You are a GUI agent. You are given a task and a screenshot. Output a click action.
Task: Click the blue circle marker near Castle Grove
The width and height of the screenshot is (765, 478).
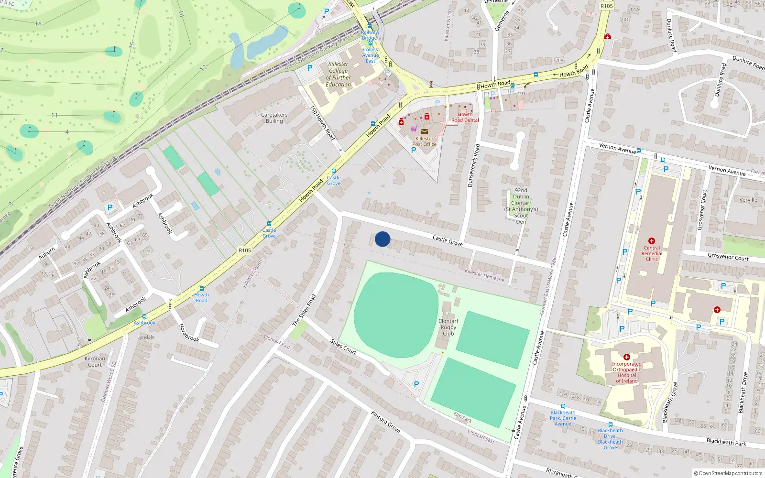pos(382,239)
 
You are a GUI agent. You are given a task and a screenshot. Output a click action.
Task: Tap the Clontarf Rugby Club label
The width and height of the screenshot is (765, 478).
pos(448,327)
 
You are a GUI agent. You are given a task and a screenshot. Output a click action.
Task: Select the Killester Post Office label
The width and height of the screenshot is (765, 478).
pos(424,141)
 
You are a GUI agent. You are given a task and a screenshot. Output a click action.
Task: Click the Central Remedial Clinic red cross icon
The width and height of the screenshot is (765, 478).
pos(651,241)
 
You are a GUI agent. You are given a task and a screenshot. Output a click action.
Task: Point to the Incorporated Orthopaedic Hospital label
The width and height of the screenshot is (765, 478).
pos(627,372)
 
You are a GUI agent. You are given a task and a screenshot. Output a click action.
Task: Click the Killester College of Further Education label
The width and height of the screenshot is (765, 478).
pos(338,74)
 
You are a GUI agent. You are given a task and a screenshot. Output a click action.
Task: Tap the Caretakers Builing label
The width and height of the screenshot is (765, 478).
pos(274,118)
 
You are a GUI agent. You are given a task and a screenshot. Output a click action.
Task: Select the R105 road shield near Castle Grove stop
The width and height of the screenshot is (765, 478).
pos(245,250)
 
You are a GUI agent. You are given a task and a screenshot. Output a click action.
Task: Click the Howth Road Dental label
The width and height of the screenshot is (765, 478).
pos(465,118)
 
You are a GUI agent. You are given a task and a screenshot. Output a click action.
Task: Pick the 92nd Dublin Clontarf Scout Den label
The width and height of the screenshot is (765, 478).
pos(521,206)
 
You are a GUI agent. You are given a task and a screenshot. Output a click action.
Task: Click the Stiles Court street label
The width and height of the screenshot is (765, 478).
pos(343,347)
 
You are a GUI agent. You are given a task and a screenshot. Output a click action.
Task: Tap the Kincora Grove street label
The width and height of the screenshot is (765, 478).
pos(385,422)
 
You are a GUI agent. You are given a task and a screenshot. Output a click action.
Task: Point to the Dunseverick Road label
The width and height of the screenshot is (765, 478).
pos(473,165)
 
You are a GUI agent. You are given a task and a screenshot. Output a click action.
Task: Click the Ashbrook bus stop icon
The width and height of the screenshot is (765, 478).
pos(144,316)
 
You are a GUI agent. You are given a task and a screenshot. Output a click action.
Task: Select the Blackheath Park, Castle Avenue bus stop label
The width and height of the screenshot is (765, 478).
pos(563,418)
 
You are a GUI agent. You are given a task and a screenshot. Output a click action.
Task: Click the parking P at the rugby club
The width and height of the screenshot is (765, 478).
pos(416,384)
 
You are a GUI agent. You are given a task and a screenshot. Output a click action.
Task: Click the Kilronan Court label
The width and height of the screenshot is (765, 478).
pos(95,361)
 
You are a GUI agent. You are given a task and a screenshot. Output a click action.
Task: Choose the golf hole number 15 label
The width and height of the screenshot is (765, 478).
pos(132,46)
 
